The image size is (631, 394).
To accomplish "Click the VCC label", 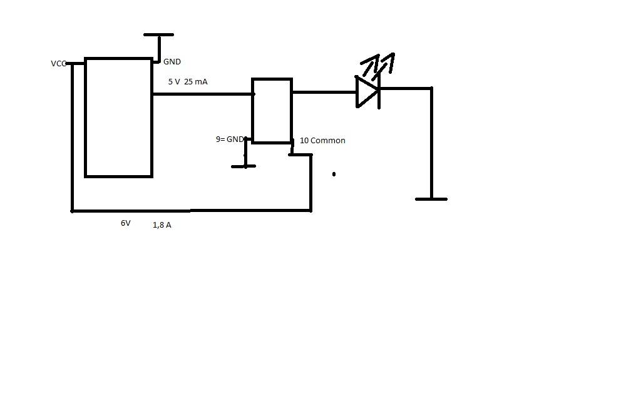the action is (x=59, y=64).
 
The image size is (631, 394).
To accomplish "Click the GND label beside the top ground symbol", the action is (x=172, y=61).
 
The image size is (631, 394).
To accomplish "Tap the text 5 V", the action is (x=174, y=81).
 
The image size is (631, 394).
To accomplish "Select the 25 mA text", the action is (x=195, y=81).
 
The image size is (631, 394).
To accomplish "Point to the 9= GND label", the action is (x=230, y=139).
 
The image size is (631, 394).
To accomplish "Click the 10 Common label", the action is (x=323, y=140).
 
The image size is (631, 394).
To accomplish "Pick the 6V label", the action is (x=126, y=223).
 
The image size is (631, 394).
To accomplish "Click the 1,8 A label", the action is (x=162, y=225).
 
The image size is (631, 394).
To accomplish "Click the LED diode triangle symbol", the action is (x=367, y=92).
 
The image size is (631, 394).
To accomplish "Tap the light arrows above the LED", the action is (x=377, y=64).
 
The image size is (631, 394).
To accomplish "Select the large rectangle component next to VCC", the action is (x=119, y=118).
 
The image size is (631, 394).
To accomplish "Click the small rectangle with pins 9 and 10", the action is (x=272, y=111).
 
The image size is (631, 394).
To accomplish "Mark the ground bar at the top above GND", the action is (x=159, y=35).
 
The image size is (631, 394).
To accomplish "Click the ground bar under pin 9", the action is (x=244, y=166).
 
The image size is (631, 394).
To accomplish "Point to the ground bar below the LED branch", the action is (x=431, y=199).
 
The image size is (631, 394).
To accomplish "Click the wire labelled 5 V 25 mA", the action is (x=203, y=94).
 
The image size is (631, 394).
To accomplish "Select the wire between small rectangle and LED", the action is (x=324, y=93).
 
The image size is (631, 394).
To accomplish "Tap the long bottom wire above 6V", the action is (x=192, y=210).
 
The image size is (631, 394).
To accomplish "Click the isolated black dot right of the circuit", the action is (x=334, y=174).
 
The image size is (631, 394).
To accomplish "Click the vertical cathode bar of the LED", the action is (x=379, y=92).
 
